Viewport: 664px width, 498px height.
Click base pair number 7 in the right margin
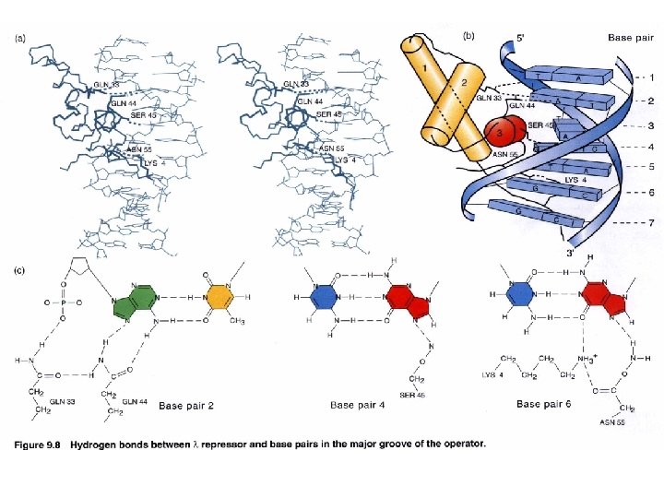[652, 224]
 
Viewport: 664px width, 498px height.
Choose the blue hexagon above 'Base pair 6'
[521, 295]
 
